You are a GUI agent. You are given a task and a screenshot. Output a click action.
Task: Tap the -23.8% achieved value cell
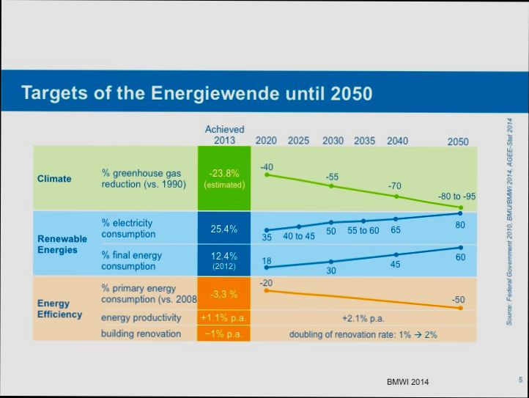(x=224, y=178)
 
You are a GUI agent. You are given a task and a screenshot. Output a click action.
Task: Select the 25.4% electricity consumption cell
(x=224, y=229)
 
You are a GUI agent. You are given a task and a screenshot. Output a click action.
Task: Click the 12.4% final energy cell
(x=224, y=260)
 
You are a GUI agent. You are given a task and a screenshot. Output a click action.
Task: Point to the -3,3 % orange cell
(x=224, y=294)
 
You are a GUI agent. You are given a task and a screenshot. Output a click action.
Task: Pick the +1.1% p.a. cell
(x=224, y=318)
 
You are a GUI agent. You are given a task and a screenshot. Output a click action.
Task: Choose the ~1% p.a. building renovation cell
(x=224, y=334)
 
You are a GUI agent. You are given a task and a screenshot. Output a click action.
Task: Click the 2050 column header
(x=458, y=141)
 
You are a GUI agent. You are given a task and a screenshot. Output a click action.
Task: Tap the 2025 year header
(x=298, y=141)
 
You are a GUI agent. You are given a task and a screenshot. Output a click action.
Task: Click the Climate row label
(x=54, y=179)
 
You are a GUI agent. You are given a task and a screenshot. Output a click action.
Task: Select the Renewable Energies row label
(x=62, y=244)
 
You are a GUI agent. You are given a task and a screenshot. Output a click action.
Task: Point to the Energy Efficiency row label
(x=59, y=309)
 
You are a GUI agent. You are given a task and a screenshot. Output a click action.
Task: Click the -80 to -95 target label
(x=456, y=196)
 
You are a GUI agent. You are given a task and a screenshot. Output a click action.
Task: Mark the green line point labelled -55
(x=331, y=186)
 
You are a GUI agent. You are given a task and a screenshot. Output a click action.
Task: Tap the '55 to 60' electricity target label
(x=363, y=231)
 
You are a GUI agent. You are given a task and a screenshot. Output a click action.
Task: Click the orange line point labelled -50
(x=461, y=308)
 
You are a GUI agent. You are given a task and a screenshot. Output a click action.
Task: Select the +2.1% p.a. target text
(x=363, y=319)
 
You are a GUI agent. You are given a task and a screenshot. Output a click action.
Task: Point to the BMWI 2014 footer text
(x=408, y=383)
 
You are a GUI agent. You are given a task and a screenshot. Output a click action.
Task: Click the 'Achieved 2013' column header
(x=224, y=135)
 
